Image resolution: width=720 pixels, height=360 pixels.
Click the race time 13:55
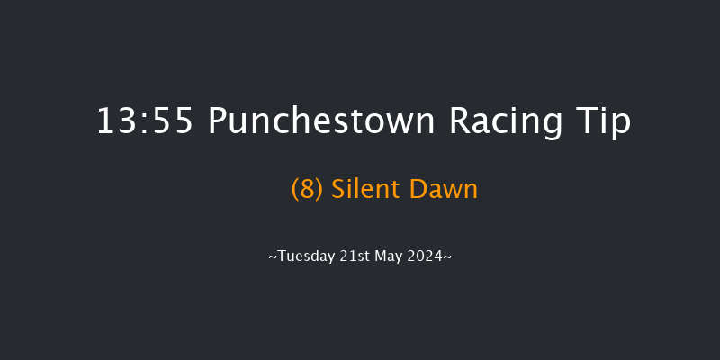click(144, 121)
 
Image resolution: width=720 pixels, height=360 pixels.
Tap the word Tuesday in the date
click(306, 256)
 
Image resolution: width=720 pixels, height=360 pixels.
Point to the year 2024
click(426, 256)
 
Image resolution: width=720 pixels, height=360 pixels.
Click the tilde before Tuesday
click(273, 257)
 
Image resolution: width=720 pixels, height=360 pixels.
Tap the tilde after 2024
click(447, 257)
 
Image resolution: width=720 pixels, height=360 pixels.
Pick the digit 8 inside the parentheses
click(306, 189)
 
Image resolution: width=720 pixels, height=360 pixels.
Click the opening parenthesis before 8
click(295, 189)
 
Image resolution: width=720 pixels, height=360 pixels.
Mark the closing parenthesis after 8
click(317, 189)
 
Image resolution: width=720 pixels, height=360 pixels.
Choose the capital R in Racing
click(458, 121)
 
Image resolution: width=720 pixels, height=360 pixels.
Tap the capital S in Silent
click(337, 189)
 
